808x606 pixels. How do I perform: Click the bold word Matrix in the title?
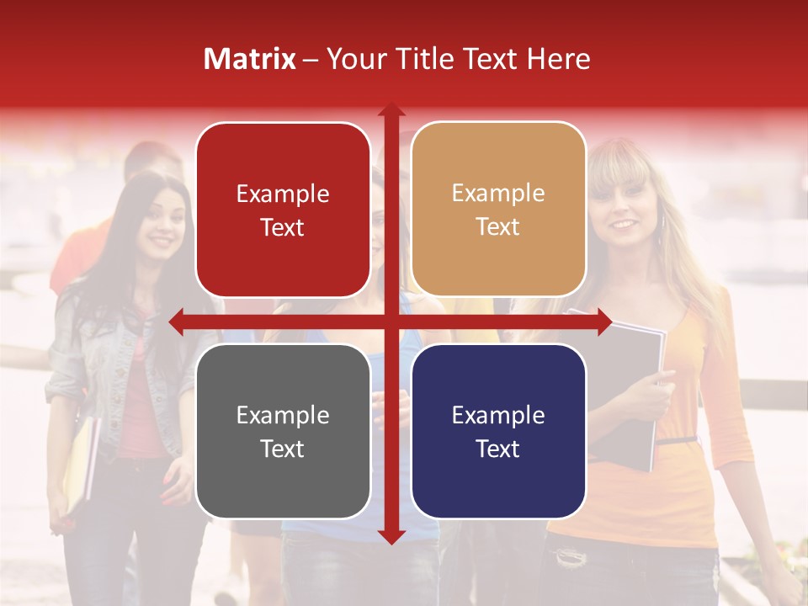click(x=250, y=59)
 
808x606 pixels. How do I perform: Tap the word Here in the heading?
click(x=559, y=59)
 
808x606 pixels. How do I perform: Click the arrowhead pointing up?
click(x=391, y=110)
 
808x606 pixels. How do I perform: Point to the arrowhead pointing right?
click(x=603, y=322)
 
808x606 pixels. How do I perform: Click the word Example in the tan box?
click(x=498, y=194)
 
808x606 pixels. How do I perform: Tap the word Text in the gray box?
click(x=283, y=449)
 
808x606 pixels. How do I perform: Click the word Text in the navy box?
click(x=498, y=449)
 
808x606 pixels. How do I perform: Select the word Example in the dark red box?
click(x=283, y=194)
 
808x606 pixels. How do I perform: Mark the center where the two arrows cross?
click(x=391, y=322)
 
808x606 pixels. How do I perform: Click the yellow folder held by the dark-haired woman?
click(x=80, y=463)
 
